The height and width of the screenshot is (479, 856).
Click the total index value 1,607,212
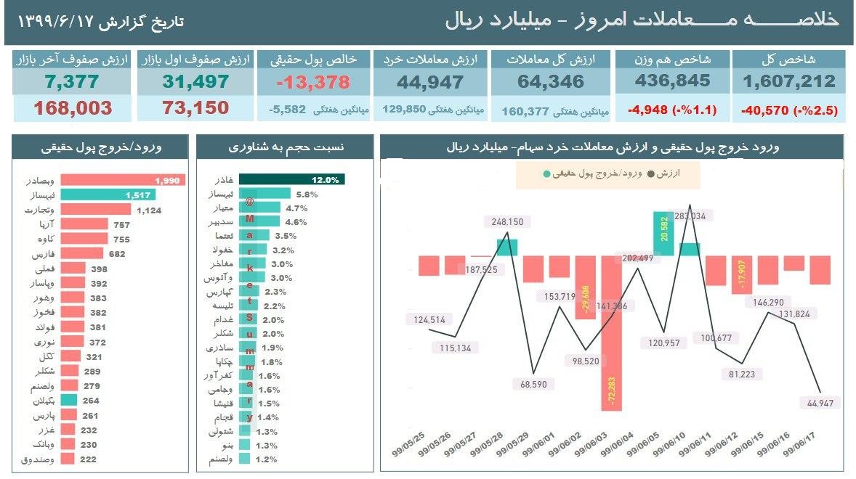click(x=789, y=81)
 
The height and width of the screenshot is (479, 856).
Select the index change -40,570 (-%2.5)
click(x=790, y=111)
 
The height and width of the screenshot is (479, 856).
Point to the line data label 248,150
click(x=506, y=222)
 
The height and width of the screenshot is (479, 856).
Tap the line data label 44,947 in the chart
click(x=817, y=403)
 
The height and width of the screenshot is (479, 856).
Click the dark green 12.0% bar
click(x=291, y=179)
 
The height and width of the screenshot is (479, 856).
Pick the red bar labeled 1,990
click(x=122, y=179)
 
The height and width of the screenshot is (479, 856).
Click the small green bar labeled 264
click(x=69, y=399)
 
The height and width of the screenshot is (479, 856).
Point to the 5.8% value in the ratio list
click(x=307, y=194)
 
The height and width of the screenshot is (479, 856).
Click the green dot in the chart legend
click(x=545, y=174)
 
